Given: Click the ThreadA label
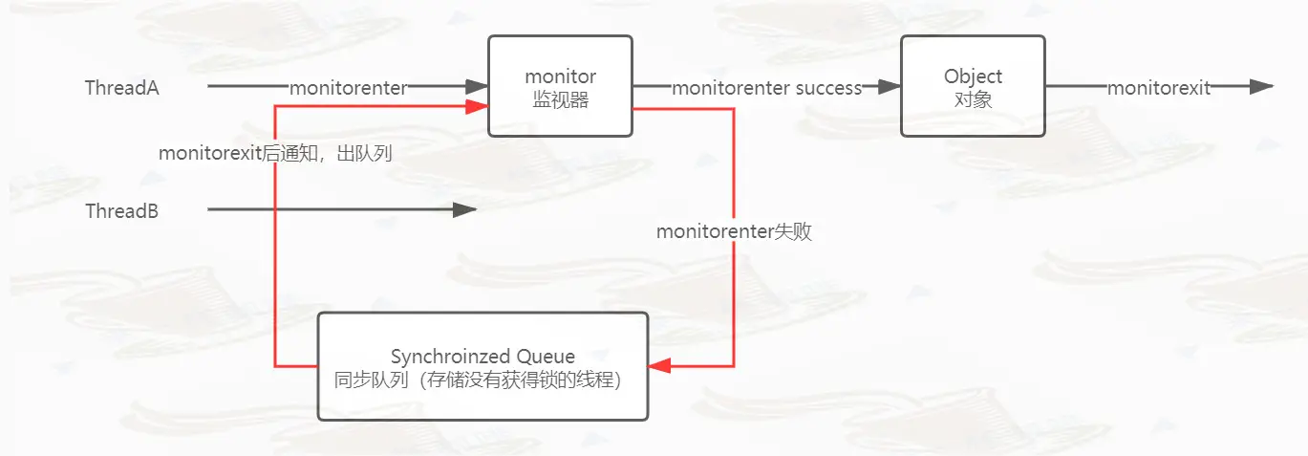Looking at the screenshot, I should point(121,88).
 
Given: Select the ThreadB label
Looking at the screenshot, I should point(121,211).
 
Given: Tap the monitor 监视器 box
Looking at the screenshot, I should point(560,86).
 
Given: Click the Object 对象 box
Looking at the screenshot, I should point(973,87).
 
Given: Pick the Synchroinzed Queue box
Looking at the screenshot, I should point(482,366).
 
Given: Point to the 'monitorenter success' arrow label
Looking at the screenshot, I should point(766,88).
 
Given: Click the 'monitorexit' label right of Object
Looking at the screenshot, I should point(1158,88).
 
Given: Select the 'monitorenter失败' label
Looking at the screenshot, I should point(734,231).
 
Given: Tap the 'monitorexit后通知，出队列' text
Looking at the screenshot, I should point(276,153).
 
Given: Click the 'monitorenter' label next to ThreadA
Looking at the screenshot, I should point(348,88).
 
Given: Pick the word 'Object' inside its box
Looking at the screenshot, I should point(973,76).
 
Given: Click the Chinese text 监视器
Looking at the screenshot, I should point(560,98).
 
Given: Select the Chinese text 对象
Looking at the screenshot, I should point(973,98).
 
